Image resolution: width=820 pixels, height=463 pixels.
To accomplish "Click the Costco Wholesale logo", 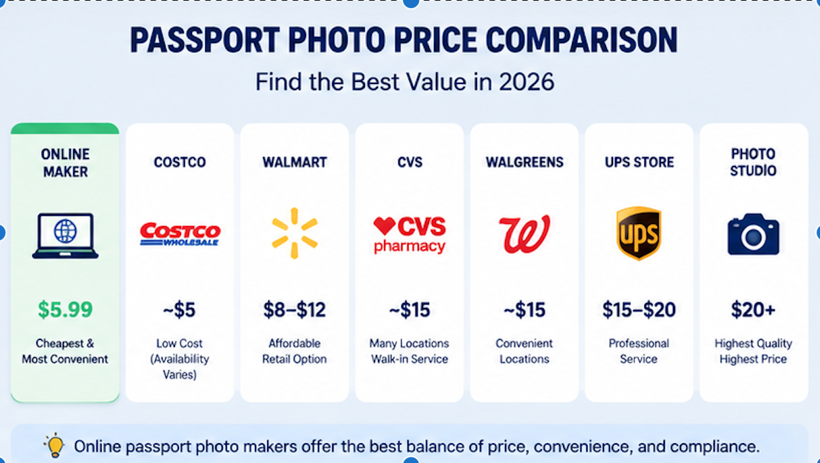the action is [x=180, y=234].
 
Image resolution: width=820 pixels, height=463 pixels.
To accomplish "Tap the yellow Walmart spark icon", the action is [x=295, y=233].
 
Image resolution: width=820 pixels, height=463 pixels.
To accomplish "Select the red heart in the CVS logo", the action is [x=384, y=225].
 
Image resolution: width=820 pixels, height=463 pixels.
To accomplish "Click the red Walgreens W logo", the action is [x=524, y=234].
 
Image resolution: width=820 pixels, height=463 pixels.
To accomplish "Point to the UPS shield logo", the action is [x=639, y=233].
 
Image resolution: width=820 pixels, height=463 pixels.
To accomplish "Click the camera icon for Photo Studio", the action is [x=753, y=234].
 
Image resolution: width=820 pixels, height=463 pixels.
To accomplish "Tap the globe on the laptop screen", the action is [x=65, y=231].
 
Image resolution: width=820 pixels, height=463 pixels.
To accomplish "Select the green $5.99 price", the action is [x=65, y=309].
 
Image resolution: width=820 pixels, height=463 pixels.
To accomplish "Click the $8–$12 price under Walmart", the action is [x=295, y=310].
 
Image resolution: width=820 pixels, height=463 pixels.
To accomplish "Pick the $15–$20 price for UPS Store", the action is [x=639, y=310].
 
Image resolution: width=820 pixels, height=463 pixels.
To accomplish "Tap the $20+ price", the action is [x=753, y=310].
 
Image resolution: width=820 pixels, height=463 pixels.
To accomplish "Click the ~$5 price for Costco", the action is [x=179, y=310].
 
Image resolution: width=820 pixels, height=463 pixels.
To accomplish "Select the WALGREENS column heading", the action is [x=525, y=162].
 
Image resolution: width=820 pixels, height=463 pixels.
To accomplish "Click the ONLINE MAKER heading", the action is [x=65, y=163].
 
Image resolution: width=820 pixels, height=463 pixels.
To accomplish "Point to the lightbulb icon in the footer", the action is [x=55, y=445].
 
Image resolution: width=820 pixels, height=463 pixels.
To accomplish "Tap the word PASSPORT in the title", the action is [x=205, y=40].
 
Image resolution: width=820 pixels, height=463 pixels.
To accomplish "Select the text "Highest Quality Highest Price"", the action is [x=753, y=351].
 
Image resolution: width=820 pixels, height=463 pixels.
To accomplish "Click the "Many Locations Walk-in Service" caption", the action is [x=409, y=351].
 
